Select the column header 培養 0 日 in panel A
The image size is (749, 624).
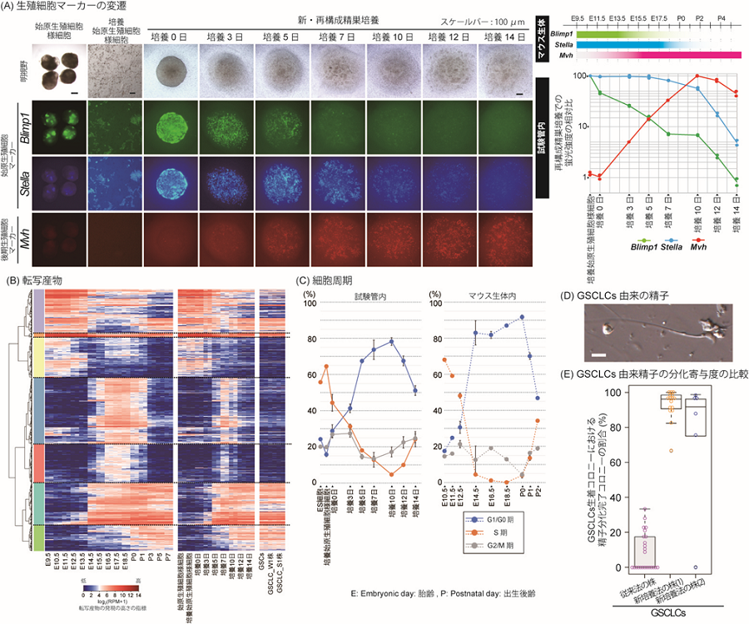(x=169, y=37)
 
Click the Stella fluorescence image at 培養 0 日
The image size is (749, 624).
(x=169, y=183)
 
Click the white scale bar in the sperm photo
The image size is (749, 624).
(x=597, y=356)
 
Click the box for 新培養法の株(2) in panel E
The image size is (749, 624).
(x=694, y=416)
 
